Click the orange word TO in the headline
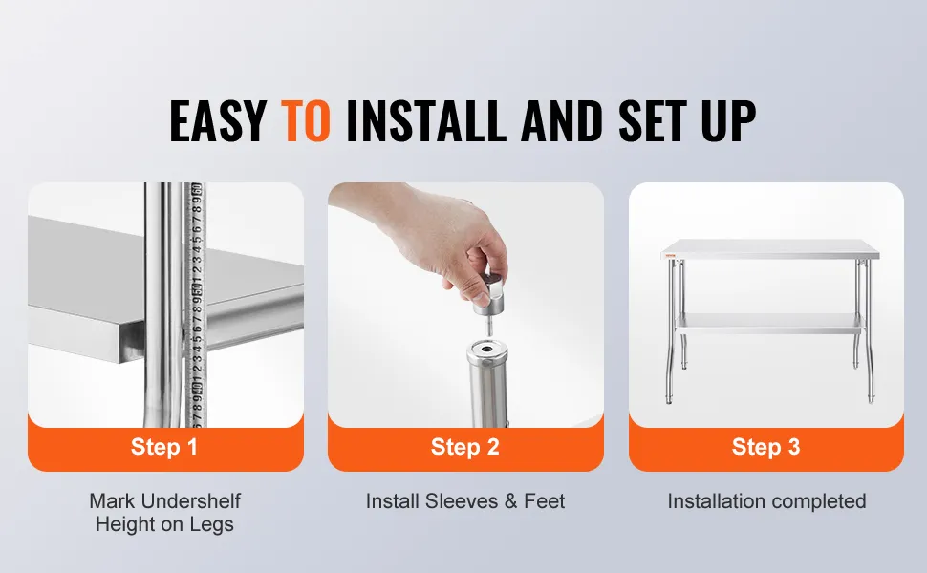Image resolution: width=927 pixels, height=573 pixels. point(305,121)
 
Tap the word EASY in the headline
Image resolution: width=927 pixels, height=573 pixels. point(218,121)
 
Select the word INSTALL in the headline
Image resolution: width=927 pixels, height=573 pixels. point(425,121)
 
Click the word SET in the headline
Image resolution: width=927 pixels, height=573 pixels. point(653,121)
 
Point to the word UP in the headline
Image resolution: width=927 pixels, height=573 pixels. point(729,121)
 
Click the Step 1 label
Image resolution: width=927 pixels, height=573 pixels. point(163,447)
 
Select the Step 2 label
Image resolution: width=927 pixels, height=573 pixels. point(465,447)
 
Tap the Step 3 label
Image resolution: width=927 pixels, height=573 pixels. point(765,447)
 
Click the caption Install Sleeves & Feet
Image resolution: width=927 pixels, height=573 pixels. point(465,501)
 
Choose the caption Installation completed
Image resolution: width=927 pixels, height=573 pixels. point(766,501)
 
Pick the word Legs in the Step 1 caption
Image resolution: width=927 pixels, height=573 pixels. point(211,524)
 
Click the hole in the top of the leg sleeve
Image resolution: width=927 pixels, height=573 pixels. point(486,350)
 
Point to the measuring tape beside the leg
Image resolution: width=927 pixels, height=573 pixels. point(195,305)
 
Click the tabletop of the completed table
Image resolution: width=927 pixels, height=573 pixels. point(769,249)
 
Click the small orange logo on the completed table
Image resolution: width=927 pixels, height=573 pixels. point(671,255)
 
